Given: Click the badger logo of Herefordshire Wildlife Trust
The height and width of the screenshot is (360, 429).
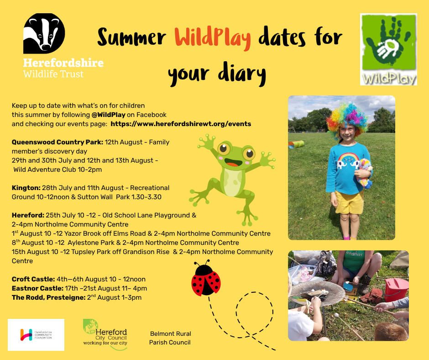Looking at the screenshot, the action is click(44, 33).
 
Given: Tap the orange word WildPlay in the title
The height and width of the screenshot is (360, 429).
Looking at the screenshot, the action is click(213, 38).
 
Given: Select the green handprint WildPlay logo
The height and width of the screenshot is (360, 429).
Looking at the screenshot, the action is click(388, 49).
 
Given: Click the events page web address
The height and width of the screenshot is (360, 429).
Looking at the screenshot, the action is click(181, 124).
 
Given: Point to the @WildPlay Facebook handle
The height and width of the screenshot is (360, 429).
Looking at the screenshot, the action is click(108, 115).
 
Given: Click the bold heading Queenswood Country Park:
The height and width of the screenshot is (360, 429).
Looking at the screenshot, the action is click(58, 142).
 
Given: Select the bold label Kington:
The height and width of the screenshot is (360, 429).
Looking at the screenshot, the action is click(26, 188).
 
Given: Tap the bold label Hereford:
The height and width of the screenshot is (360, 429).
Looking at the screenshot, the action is click(28, 215).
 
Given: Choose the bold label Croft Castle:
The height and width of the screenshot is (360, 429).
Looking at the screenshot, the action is click(33, 279).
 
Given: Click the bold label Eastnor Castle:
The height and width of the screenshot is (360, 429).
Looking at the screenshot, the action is click(37, 288).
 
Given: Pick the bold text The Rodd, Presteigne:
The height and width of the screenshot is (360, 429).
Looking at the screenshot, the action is click(49, 297).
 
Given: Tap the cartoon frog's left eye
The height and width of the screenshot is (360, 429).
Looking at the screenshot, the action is click(224, 149).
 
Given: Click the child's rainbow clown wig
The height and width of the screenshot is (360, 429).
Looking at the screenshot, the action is click(347, 118).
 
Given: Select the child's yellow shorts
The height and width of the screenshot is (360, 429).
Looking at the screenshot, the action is click(349, 202).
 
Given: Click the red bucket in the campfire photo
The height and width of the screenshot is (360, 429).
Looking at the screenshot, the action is click(397, 290).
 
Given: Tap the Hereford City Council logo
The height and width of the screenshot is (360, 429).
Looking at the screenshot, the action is click(105, 334).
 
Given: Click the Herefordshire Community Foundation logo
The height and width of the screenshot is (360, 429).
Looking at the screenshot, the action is click(36, 335).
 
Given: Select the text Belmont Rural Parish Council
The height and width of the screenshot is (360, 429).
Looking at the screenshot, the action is click(170, 338).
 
